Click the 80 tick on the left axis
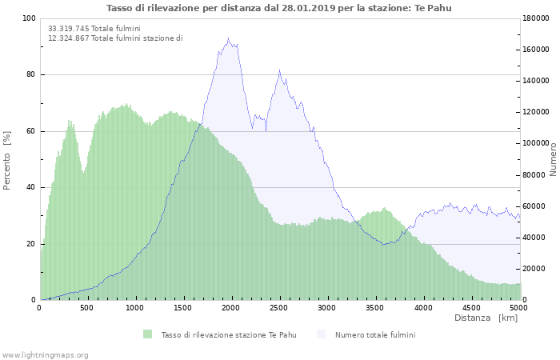click(x=30, y=75)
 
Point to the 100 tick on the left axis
click(x=29, y=18)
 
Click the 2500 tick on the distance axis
click(x=279, y=308)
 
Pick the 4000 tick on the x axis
click(x=423, y=308)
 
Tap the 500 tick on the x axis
click(x=87, y=308)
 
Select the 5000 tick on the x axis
click(x=518, y=308)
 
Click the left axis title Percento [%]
click(x=7, y=159)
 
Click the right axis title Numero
click(x=553, y=159)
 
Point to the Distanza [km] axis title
click(x=486, y=318)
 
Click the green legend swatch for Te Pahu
click(x=147, y=334)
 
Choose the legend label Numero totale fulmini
click(x=374, y=334)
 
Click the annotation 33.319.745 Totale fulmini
click(x=94, y=28)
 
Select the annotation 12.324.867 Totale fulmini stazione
click(x=114, y=38)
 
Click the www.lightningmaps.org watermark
click(x=45, y=355)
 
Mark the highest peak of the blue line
click(x=228, y=38)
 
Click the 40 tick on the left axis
click(x=30, y=188)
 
